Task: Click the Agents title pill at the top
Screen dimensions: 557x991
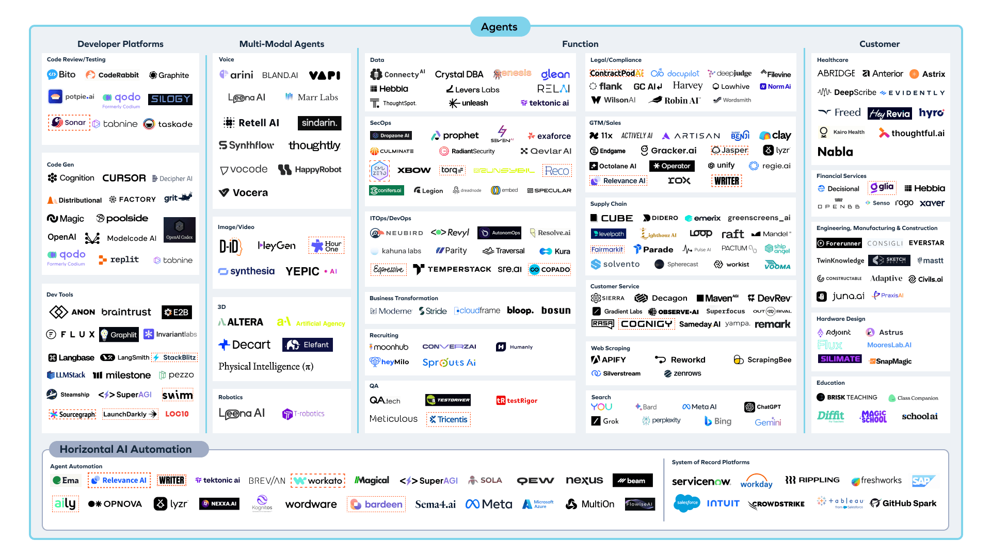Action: coord(499,27)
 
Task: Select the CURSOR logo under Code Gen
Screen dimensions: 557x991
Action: coord(124,178)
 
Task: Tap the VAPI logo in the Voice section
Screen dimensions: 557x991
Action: coord(325,75)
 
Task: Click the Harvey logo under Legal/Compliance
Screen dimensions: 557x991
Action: coord(688,86)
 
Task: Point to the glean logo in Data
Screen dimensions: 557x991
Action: coord(555,74)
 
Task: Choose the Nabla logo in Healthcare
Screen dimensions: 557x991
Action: coord(835,152)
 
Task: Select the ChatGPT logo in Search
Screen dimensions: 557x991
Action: coord(763,407)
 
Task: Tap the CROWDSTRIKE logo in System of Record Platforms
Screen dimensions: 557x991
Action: coord(776,504)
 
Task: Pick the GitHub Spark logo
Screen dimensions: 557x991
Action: coord(903,503)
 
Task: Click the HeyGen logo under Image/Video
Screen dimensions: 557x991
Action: coord(277,246)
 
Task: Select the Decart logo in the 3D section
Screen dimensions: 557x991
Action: coord(245,345)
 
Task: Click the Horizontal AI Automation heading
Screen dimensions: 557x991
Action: coord(125,449)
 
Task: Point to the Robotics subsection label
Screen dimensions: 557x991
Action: coord(230,397)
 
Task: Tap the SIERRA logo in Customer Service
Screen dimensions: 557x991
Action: coord(608,298)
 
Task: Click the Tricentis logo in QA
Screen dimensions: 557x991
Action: coord(448,419)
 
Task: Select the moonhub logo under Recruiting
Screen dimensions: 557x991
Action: coord(389,347)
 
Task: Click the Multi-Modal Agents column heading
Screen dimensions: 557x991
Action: coord(282,44)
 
